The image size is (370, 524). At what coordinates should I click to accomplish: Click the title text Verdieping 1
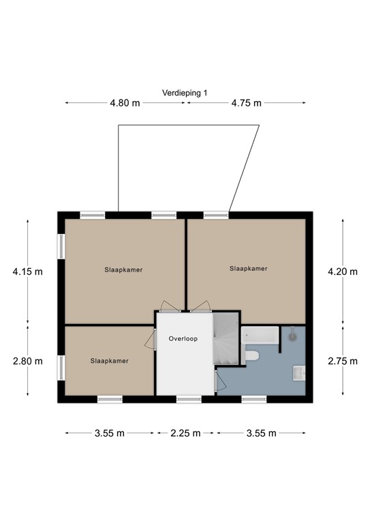(185, 93)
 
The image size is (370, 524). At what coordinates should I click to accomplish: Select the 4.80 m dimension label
(125, 104)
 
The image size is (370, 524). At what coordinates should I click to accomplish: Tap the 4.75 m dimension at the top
(246, 104)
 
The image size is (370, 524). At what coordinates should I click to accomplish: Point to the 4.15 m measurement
(27, 272)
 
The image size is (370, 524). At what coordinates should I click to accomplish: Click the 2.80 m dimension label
(27, 361)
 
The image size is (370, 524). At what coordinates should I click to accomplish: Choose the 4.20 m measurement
(342, 272)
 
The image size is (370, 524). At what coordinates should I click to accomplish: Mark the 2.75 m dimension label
(342, 361)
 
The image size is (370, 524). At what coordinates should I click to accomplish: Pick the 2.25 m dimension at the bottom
(185, 433)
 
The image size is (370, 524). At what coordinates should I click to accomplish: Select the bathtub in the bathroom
(260, 335)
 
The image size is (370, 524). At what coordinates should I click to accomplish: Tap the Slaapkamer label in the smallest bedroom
(109, 361)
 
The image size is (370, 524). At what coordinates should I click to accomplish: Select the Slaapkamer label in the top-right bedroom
(248, 269)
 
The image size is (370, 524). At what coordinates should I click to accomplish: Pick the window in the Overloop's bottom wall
(189, 399)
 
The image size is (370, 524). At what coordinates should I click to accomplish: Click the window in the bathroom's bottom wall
(253, 399)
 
